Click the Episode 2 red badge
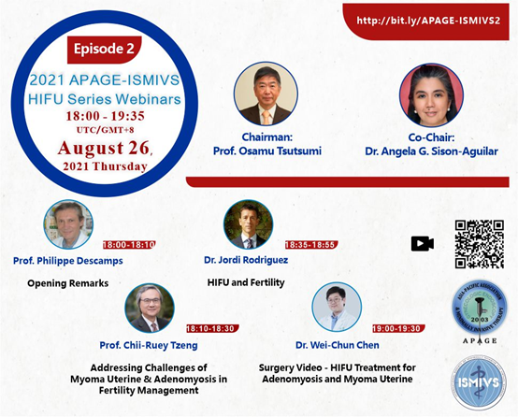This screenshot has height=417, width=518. pyautogui.click(x=105, y=50)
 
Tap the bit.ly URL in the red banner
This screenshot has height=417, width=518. pyautogui.click(x=428, y=21)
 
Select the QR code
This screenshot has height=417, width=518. pyautogui.click(x=480, y=244)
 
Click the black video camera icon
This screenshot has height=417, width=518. pyautogui.click(x=423, y=244)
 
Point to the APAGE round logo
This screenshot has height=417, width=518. pyautogui.click(x=480, y=308)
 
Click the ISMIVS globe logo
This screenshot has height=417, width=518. pyautogui.click(x=479, y=383)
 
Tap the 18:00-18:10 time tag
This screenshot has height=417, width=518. pyautogui.click(x=129, y=245)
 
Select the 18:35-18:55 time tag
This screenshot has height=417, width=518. pyautogui.click(x=311, y=245)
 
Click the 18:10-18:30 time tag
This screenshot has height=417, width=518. pyautogui.click(x=212, y=328)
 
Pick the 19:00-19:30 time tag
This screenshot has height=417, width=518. pyautogui.click(x=398, y=328)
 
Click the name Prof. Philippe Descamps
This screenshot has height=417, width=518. pyautogui.click(x=68, y=261)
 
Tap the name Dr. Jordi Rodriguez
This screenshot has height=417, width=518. pyautogui.click(x=246, y=260)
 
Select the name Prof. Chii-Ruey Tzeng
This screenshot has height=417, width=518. pyautogui.click(x=149, y=345)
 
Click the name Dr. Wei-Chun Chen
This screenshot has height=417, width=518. pyautogui.click(x=338, y=345)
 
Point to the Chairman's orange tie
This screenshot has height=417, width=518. pyautogui.click(x=266, y=118)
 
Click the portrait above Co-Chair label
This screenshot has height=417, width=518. pyautogui.click(x=431, y=94)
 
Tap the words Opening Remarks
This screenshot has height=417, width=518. pyautogui.click(x=67, y=283)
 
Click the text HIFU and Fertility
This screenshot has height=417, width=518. pyautogui.click(x=246, y=282)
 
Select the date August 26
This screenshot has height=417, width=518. pyautogui.click(x=104, y=148)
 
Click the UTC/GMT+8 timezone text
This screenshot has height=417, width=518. pyautogui.click(x=105, y=130)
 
